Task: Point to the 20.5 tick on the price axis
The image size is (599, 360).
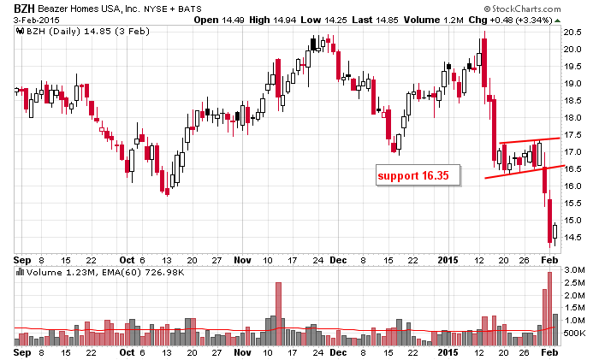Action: (x=572, y=32)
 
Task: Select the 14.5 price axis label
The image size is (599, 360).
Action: (x=572, y=238)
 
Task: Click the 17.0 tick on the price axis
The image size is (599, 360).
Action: (x=572, y=152)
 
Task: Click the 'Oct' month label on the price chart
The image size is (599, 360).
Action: (x=127, y=259)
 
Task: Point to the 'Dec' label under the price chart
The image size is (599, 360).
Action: (x=340, y=259)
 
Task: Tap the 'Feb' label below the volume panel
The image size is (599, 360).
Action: (x=549, y=351)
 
